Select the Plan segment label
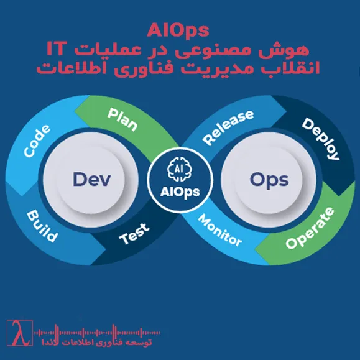tap(122, 116)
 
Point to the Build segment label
tap(42, 226)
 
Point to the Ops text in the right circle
tap(269, 180)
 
